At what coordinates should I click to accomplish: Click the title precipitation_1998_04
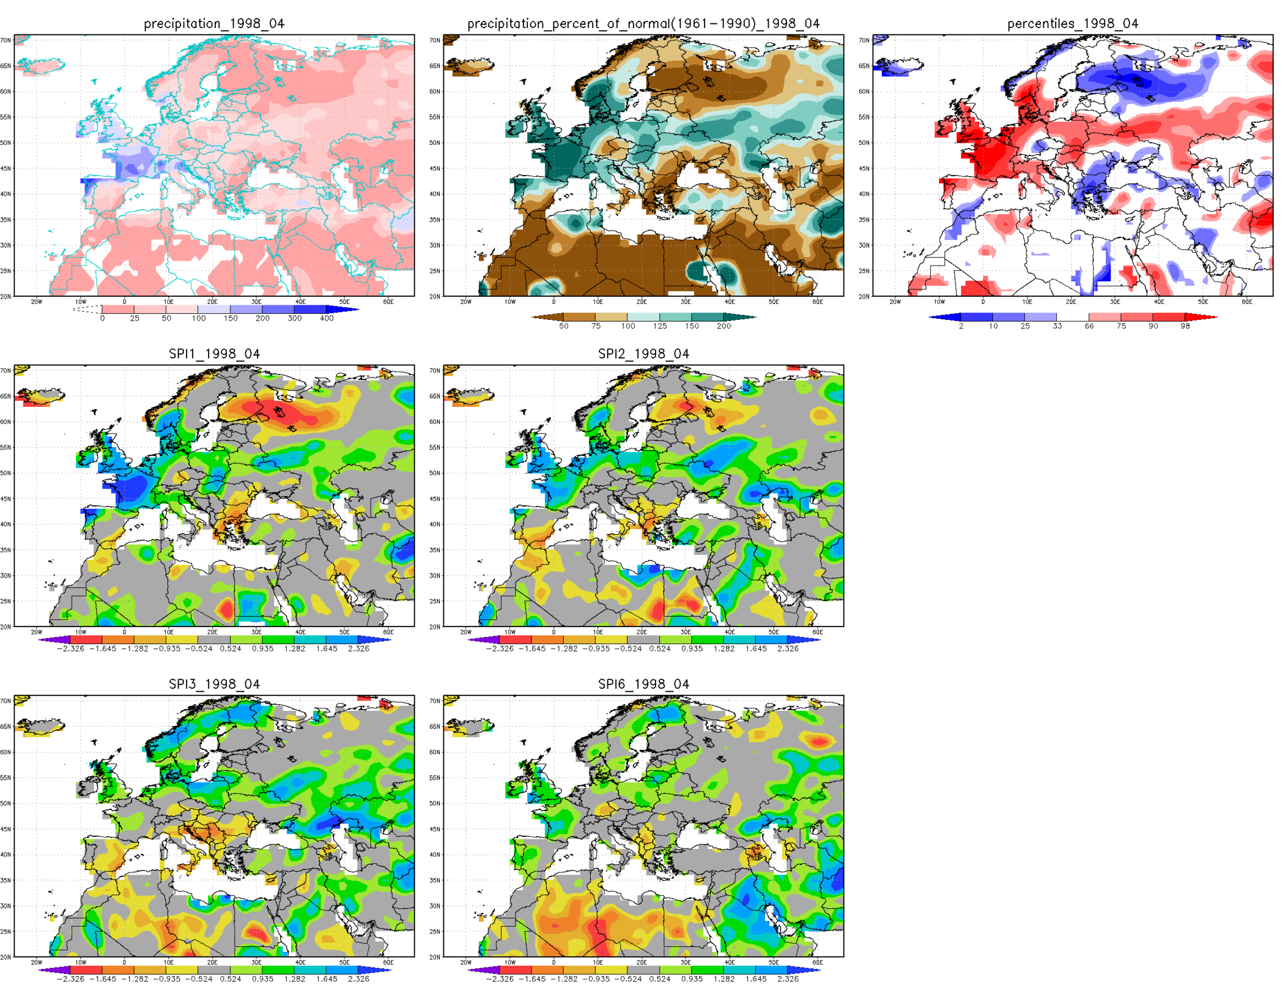click(x=214, y=24)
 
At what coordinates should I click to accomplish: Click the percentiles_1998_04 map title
click(x=1072, y=24)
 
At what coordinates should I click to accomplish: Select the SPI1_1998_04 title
click(x=214, y=354)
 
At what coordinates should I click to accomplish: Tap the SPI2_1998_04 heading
click(x=643, y=354)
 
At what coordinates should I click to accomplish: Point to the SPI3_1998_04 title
click(x=214, y=684)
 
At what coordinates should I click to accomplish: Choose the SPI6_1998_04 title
click(x=643, y=684)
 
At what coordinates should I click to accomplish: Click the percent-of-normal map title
click(x=643, y=24)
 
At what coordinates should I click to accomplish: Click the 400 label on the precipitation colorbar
click(x=327, y=319)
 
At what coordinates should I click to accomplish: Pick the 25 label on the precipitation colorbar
click(x=135, y=319)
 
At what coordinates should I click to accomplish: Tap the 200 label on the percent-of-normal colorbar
click(x=724, y=327)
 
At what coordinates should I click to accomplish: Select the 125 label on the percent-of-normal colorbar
click(x=659, y=327)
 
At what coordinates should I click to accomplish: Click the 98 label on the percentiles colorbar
click(x=1185, y=327)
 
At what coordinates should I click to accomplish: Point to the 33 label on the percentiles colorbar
click(x=1057, y=327)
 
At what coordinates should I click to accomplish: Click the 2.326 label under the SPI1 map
click(x=358, y=649)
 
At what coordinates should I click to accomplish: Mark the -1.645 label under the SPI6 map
click(x=531, y=979)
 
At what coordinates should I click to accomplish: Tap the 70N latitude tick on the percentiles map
click(x=864, y=40)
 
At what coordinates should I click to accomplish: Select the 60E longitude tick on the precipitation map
click(x=388, y=302)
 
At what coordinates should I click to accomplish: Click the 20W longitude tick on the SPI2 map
click(x=466, y=632)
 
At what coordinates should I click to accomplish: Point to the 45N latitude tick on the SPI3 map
click(x=6, y=829)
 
